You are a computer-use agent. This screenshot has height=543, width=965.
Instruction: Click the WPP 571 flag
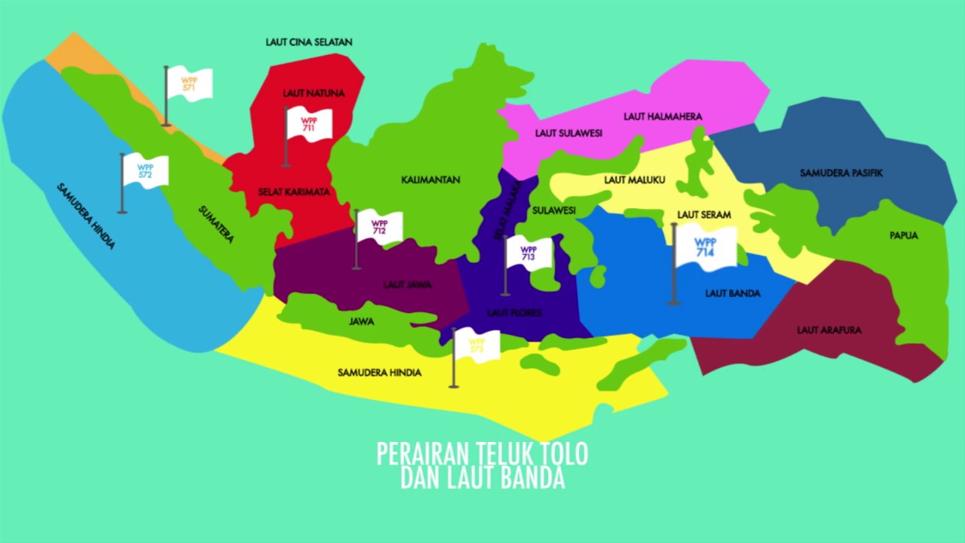tap(189, 84)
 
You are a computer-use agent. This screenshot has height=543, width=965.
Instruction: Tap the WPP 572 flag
tap(146, 171)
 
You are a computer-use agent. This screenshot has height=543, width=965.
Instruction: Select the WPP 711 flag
tap(309, 124)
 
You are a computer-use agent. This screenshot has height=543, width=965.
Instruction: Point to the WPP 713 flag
tap(528, 253)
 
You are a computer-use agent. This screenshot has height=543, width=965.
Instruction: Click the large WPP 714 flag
tap(706, 247)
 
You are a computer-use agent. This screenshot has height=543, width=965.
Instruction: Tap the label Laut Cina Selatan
tap(309, 42)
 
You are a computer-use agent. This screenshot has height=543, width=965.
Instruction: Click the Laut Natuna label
tap(314, 94)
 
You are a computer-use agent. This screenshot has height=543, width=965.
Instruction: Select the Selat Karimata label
tap(294, 192)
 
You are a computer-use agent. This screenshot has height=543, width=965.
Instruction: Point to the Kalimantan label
tap(430, 180)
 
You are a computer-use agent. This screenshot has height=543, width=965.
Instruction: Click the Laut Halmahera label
tap(663, 117)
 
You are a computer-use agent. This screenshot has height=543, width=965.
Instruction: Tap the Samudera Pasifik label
tap(841, 173)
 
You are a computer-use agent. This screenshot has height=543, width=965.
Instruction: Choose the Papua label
tap(904, 235)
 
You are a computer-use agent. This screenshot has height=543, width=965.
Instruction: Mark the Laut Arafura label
tap(829, 330)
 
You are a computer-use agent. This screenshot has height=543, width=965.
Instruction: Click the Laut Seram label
tap(704, 215)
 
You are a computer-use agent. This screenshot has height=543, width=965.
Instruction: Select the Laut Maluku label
tap(635, 180)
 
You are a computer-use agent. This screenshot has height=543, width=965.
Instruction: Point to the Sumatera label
tap(216, 224)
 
